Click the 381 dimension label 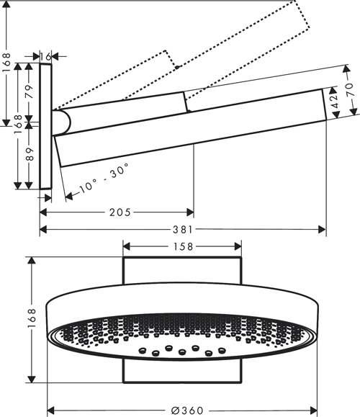click(x=183, y=230)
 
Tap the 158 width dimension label click(x=182, y=248)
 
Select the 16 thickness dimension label click(x=47, y=55)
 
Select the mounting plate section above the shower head click(x=182, y=272)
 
